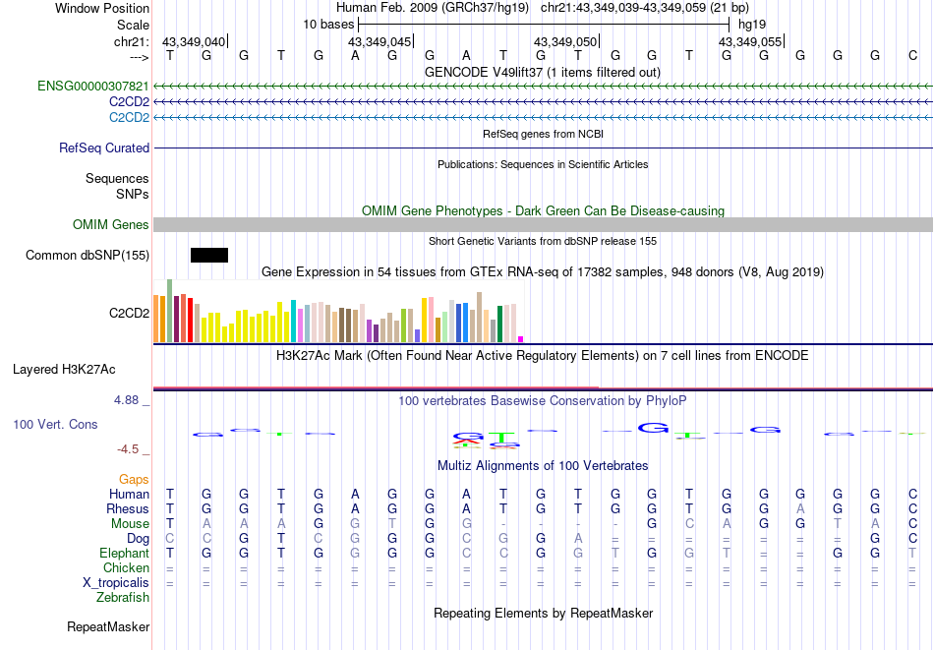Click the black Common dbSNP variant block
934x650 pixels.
pyautogui.click(x=208, y=256)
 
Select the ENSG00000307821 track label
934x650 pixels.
pyautogui.click(x=93, y=87)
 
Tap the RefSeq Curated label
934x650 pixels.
pyautogui.click(x=104, y=148)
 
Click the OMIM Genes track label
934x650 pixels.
pyautogui.click(x=111, y=225)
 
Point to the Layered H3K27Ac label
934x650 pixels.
pyautogui.click(x=64, y=370)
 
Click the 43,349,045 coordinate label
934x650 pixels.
pyautogui.click(x=379, y=41)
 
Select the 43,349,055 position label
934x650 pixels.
pyautogui.click(x=750, y=41)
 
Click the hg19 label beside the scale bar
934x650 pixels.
pyautogui.click(x=752, y=24)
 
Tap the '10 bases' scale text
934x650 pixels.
pyautogui.click(x=328, y=24)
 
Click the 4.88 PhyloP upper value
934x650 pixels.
pyautogui.click(x=128, y=400)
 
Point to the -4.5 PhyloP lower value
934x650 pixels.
pyautogui.click(x=128, y=449)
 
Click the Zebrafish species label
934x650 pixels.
pyautogui.click(x=123, y=598)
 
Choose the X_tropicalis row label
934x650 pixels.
pyautogui.click(x=116, y=583)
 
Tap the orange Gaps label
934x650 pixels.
pyautogui.click(x=134, y=479)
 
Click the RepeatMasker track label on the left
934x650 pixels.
pyautogui.click(x=108, y=626)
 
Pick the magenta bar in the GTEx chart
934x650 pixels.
pyautogui.click(x=521, y=339)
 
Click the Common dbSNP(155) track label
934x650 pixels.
pyautogui.click(x=88, y=256)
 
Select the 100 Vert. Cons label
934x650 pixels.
pyautogui.click(x=55, y=424)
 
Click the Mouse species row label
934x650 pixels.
pyautogui.click(x=130, y=524)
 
